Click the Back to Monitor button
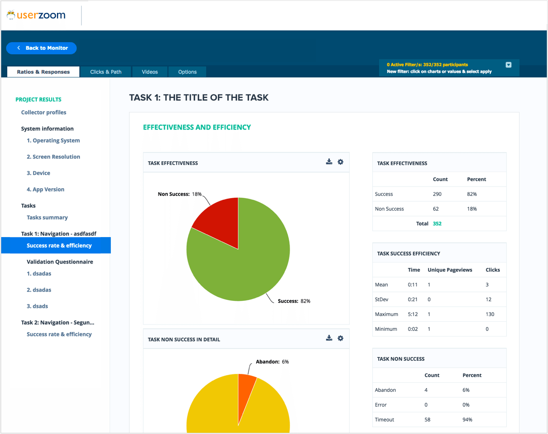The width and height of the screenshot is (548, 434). click(x=41, y=48)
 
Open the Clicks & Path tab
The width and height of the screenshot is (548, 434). click(x=106, y=72)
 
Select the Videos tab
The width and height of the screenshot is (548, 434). click(x=150, y=72)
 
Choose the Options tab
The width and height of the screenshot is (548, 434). click(x=187, y=72)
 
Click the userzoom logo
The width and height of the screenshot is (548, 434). click(x=37, y=15)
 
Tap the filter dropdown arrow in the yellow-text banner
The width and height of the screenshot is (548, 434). click(x=508, y=65)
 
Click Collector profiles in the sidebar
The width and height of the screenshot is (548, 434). click(x=44, y=112)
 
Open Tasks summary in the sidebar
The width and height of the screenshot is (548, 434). click(x=47, y=217)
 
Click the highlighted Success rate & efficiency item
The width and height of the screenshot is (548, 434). click(x=59, y=245)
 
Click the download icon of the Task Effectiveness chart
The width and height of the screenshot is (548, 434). click(x=329, y=162)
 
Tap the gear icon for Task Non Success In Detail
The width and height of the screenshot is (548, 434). click(x=341, y=339)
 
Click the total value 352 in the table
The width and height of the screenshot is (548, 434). click(x=437, y=224)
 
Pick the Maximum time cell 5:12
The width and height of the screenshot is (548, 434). click(x=413, y=314)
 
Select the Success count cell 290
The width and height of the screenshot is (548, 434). click(x=437, y=194)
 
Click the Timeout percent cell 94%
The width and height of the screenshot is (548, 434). click(x=467, y=420)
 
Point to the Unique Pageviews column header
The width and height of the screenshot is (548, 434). click(x=450, y=270)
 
